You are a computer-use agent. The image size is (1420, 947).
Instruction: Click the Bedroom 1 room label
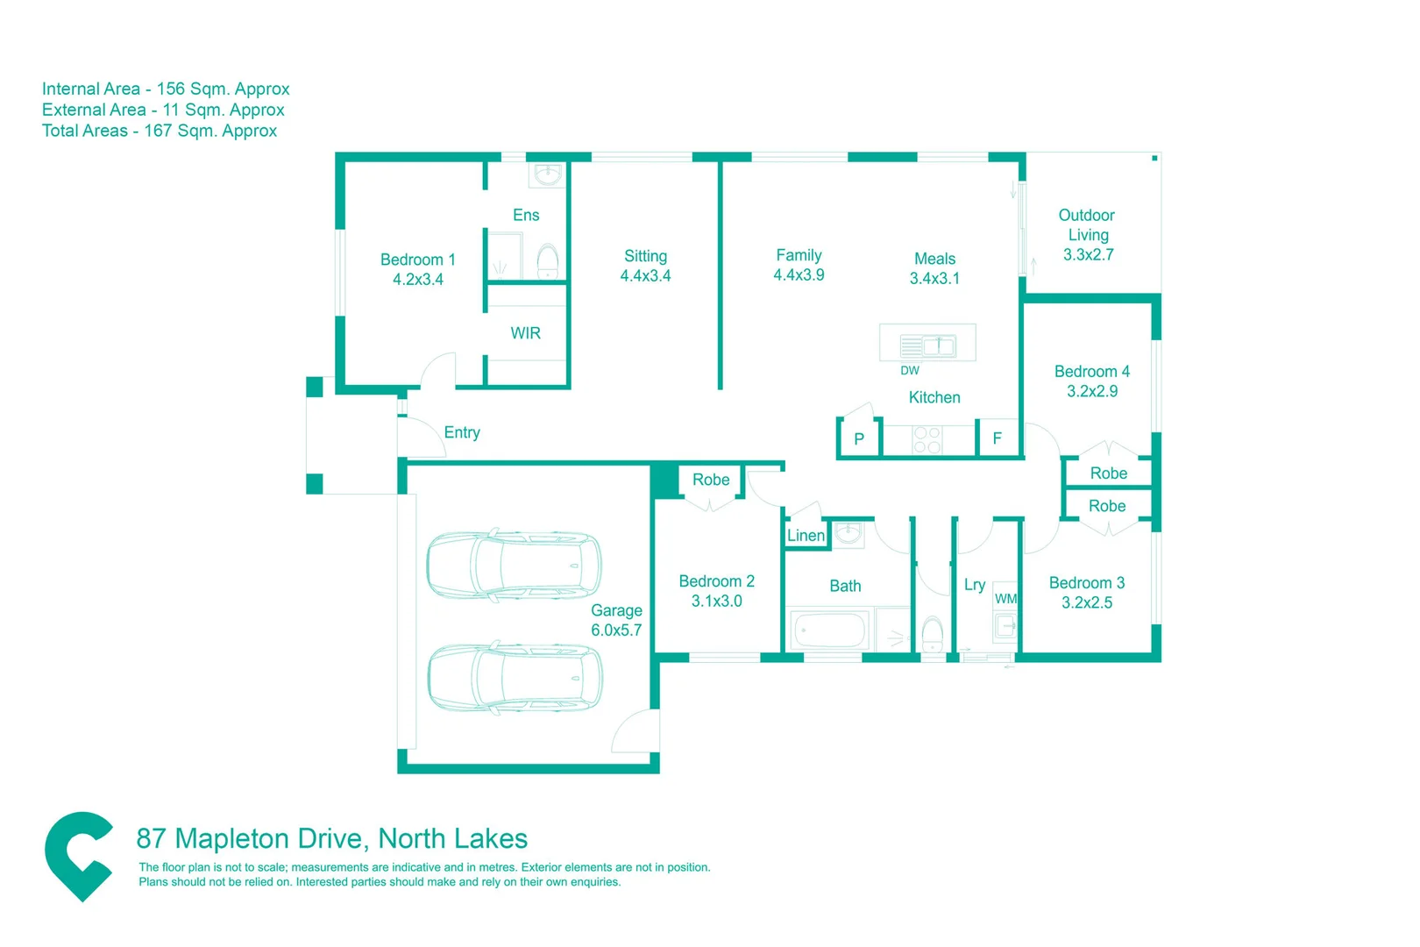click(417, 260)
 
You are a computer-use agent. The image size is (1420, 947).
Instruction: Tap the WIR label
click(525, 333)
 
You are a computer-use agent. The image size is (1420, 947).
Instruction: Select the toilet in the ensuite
click(547, 260)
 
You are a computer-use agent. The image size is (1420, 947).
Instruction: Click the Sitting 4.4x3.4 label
click(645, 266)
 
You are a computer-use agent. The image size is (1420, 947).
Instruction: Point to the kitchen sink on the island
click(938, 345)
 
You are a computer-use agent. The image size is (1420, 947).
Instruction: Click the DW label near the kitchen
click(909, 371)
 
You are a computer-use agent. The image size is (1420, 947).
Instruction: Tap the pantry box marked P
click(859, 439)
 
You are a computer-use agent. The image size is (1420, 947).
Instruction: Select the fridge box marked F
click(997, 438)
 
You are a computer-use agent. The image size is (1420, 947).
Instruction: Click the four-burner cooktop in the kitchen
click(927, 439)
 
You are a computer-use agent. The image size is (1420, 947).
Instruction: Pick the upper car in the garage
click(514, 566)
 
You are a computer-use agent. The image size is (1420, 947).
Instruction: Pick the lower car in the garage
click(515, 678)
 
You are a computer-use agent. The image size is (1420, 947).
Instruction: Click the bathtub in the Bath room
click(829, 630)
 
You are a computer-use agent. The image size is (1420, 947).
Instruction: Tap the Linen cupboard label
click(806, 536)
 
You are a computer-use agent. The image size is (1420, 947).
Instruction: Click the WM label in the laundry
click(1005, 599)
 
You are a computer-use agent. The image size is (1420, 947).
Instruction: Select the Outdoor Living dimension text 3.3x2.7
click(1088, 255)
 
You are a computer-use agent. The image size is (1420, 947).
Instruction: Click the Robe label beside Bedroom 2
click(710, 480)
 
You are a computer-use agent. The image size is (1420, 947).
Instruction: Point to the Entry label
click(462, 432)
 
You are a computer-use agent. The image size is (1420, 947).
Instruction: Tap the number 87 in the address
click(151, 839)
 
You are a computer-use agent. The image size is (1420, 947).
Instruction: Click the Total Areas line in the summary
click(160, 131)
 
